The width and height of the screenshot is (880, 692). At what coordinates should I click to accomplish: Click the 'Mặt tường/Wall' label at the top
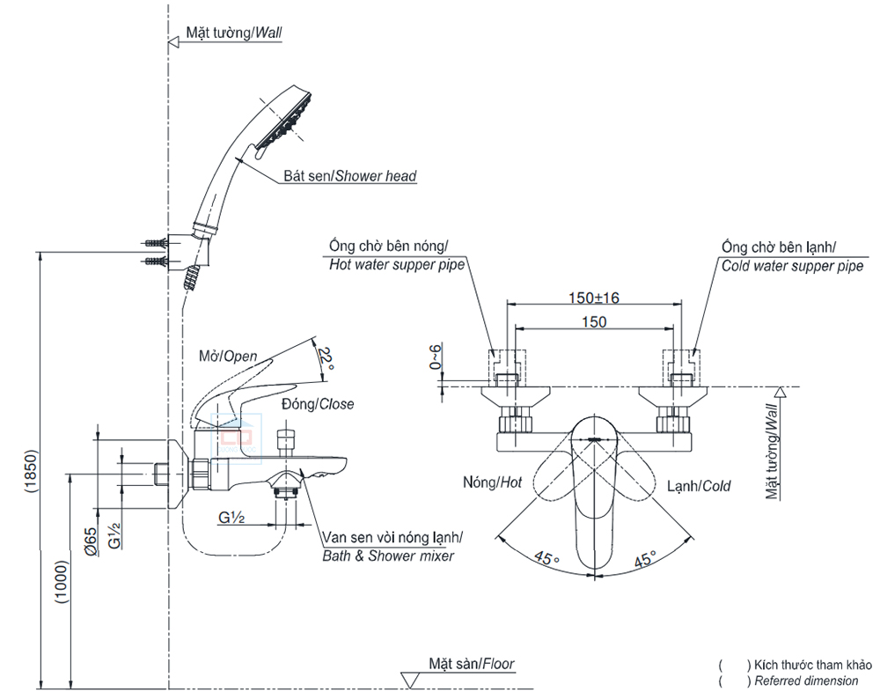(x=233, y=33)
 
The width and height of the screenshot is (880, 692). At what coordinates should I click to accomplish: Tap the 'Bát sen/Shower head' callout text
(x=349, y=176)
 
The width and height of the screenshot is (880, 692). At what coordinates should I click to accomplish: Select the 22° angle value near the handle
(x=326, y=357)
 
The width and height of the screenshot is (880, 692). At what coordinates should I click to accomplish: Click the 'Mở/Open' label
(x=228, y=357)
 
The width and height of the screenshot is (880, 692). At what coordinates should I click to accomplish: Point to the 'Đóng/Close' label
(x=318, y=404)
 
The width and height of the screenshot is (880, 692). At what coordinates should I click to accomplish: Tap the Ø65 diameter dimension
(x=90, y=539)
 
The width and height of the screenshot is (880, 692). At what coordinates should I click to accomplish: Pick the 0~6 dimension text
(x=434, y=357)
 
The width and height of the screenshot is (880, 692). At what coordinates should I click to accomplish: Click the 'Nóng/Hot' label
(x=492, y=482)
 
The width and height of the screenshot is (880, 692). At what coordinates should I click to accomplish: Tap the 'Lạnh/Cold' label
(x=699, y=485)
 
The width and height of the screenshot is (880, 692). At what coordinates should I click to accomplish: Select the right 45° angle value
(x=645, y=558)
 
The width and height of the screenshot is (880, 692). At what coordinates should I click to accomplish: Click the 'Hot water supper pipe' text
(x=396, y=263)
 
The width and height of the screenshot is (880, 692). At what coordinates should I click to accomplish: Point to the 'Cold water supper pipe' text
(x=792, y=266)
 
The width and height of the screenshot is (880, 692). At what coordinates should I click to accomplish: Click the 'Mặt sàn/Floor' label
(x=472, y=664)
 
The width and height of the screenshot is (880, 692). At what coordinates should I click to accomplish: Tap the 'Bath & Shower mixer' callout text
(x=387, y=556)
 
